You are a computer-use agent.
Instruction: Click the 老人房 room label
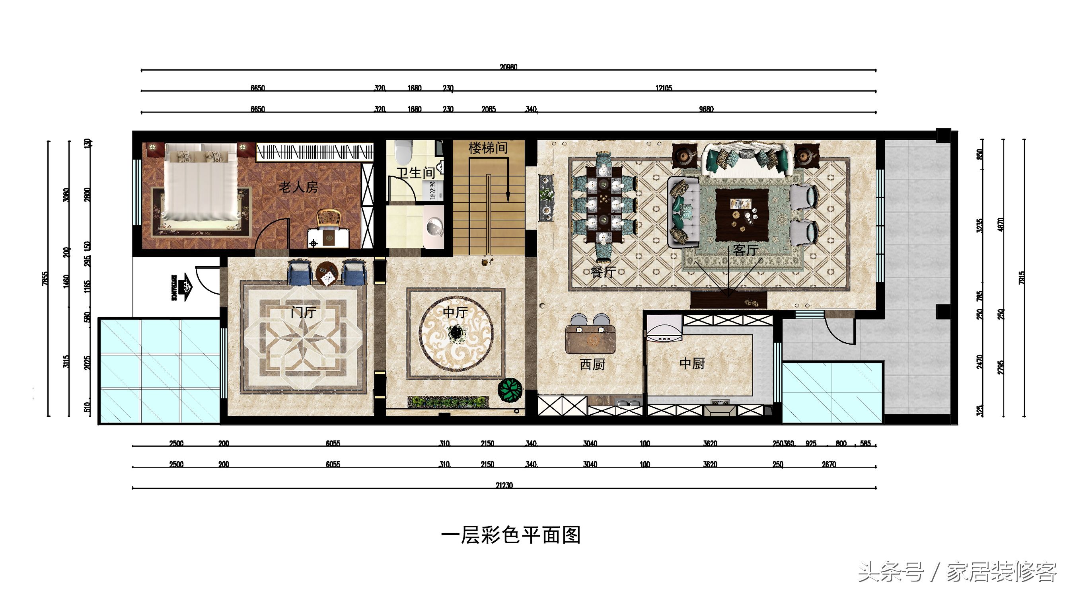click(x=298, y=187)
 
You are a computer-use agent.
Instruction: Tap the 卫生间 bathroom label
click(x=415, y=173)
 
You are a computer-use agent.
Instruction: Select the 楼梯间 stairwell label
click(x=488, y=148)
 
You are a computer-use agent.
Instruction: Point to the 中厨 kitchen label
click(x=692, y=363)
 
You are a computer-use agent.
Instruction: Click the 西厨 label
click(x=592, y=365)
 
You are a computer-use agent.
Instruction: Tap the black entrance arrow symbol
click(x=182, y=287)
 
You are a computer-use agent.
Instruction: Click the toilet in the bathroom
click(x=403, y=152)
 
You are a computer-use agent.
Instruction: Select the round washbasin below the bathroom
click(x=434, y=227)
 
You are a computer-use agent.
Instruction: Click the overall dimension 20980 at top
click(x=508, y=67)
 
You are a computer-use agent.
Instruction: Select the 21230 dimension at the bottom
click(x=504, y=485)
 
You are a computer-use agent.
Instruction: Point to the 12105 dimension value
click(x=664, y=88)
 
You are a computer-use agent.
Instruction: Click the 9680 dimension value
click(x=706, y=109)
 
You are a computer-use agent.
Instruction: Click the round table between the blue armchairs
click(x=327, y=273)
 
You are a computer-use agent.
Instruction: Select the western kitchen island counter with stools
click(x=590, y=339)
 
